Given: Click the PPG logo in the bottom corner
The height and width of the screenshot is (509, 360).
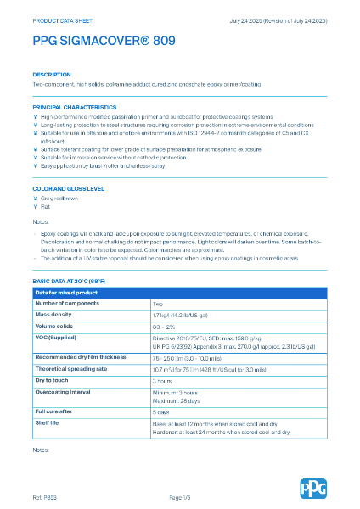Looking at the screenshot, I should [x=312, y=488].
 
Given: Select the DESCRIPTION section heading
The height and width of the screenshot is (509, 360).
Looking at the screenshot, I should [x=51, y=75].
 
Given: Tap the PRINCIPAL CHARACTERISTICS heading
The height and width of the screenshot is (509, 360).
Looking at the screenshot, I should [x=75, y=108].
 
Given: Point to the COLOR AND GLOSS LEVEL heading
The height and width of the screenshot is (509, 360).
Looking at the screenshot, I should [x=69, y=188].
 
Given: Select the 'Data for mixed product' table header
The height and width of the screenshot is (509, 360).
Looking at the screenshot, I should [x=66, y=293].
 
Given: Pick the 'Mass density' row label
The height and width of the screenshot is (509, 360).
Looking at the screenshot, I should [x=53, y=315].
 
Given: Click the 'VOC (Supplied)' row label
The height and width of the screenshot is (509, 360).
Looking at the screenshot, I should [x=55, y=337].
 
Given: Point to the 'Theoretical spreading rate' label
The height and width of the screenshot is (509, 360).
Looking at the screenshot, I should [x=72, y=369].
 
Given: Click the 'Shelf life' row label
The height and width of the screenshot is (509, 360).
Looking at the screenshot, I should [x=48, y=422].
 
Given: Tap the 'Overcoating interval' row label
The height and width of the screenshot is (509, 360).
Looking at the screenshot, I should [x=64, y=392].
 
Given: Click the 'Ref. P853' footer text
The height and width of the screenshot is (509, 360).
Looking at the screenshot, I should [x=44, y=495].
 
